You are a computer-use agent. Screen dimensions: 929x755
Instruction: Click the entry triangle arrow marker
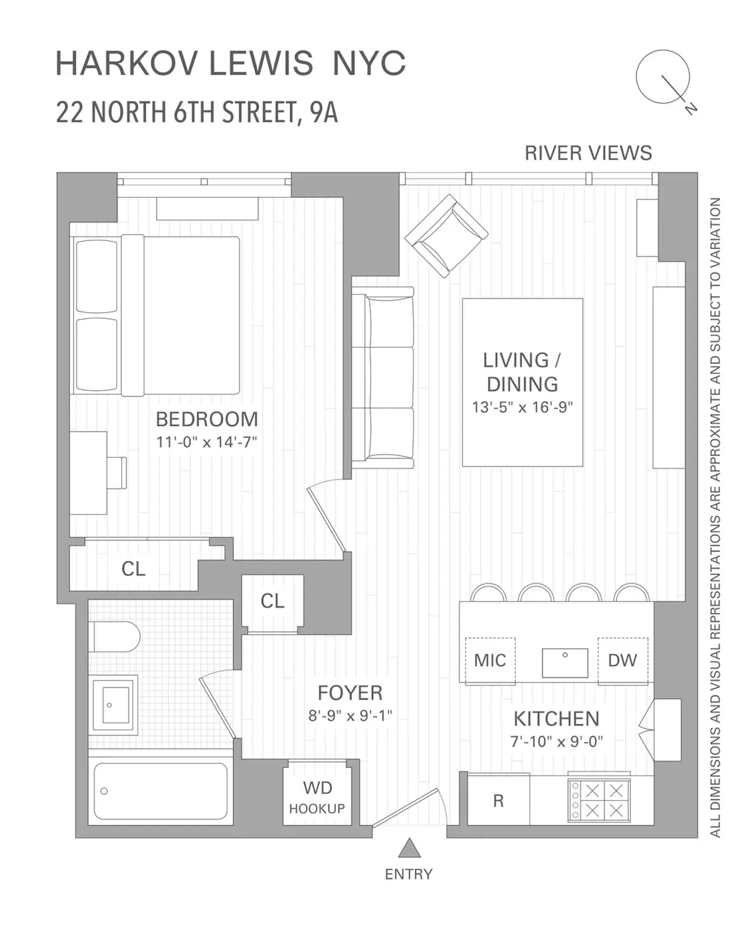pos(410,848)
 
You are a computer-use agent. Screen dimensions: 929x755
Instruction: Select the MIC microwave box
pos(490,660)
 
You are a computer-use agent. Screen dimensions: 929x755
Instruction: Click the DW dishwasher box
pos(622,660)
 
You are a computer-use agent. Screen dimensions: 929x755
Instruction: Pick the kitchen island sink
pos(565,662)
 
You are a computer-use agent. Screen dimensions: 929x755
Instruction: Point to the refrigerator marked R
pos(498,801)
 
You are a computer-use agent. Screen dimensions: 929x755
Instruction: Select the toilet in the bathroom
pos(114,637)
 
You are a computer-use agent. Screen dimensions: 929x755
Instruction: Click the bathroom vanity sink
pos(114,704)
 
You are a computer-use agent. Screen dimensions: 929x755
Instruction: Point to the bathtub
pos(160,791)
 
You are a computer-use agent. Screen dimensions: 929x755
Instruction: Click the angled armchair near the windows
pos(446,236)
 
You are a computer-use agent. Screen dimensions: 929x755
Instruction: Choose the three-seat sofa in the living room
pos(383,378)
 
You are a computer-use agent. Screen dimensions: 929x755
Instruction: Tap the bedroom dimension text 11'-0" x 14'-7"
pos(207,442)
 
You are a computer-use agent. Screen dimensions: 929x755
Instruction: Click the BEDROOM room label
pos(207,419)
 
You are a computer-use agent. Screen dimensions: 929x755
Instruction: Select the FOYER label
pos(350,693)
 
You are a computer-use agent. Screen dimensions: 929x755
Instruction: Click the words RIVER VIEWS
pos(588,153)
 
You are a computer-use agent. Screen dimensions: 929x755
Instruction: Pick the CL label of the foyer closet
pos(272,601)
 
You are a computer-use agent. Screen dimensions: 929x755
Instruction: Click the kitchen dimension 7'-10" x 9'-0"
pos(556,742)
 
